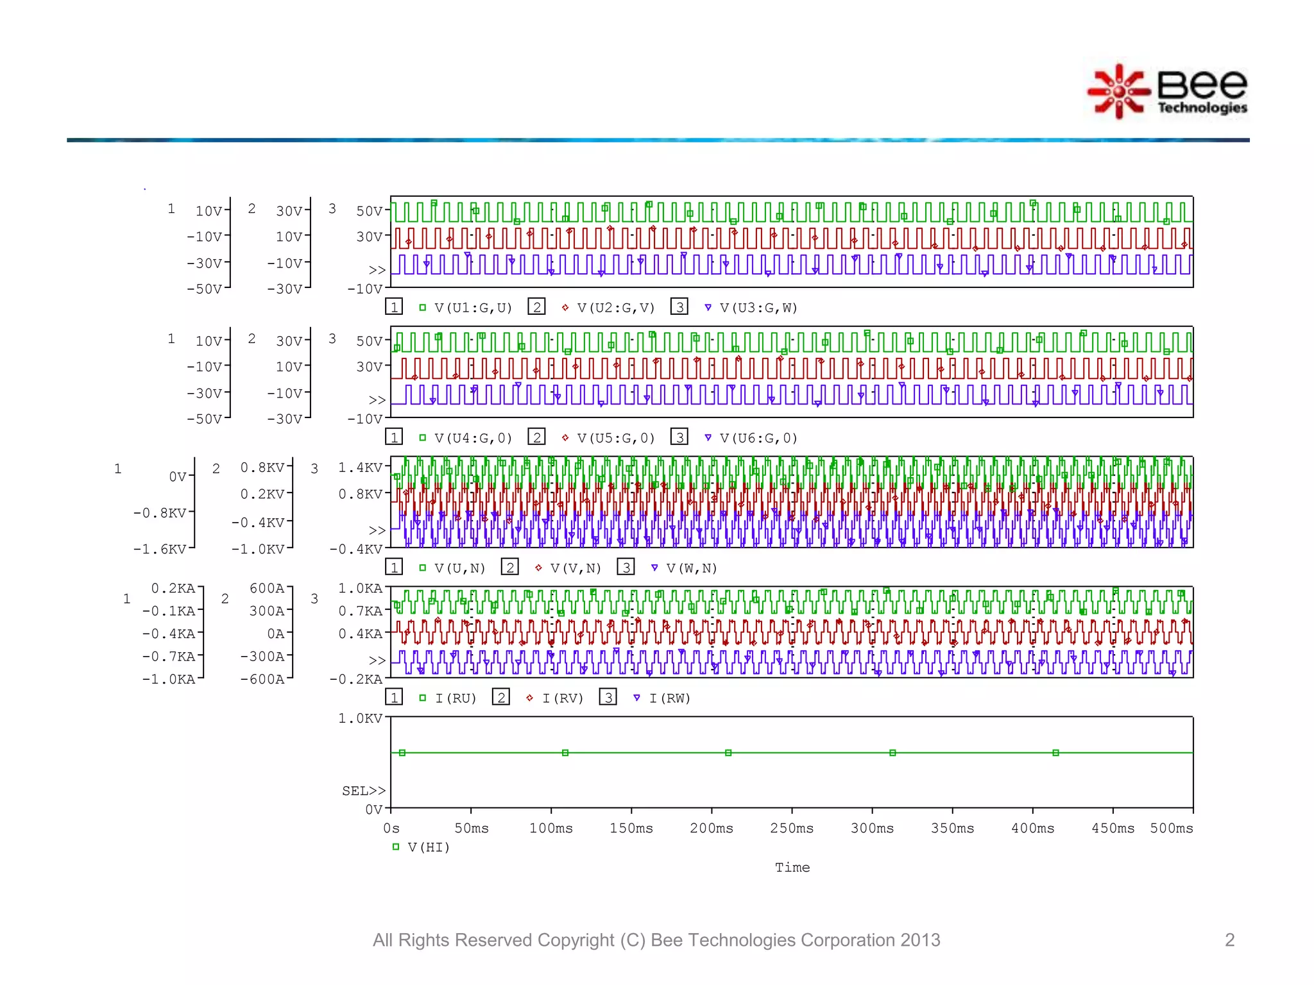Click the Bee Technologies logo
[1168, 92]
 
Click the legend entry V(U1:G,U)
[473, 308]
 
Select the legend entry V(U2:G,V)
[615, 308]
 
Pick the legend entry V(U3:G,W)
[758, 308]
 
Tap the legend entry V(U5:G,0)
[615, 438]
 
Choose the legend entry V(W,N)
[692, 568]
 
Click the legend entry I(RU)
[456, 698]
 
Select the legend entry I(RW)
[669, 698]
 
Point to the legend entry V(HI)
[429, 848]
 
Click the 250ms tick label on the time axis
[792, 829]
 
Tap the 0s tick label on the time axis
[391, 829]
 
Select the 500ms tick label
[1172, 829]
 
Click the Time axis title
[792, 868]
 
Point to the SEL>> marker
[364, 791]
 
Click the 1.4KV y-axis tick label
[361, 467]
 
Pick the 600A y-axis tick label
[267, 589]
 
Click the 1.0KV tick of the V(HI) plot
[361, 718]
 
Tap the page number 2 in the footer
[1229, 940]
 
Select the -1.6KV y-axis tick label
[160, 550]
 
